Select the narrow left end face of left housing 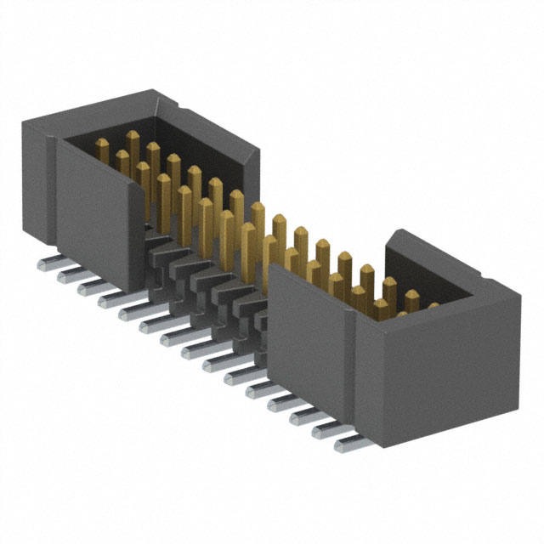tap(34, 183)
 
